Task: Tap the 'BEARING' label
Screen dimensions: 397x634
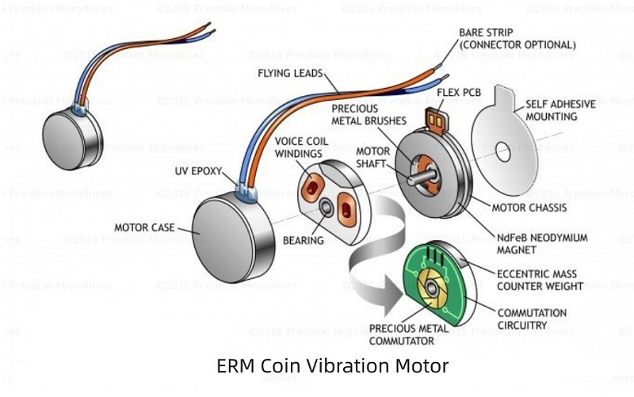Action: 308,239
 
